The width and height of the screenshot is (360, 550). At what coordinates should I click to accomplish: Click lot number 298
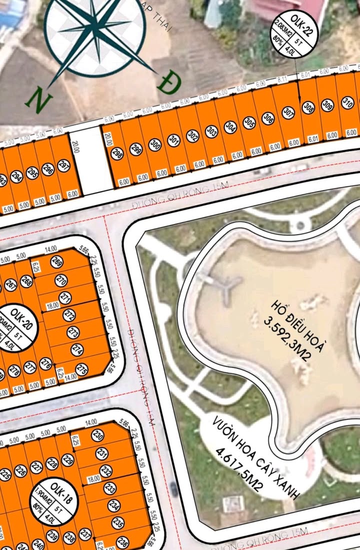[117, 153]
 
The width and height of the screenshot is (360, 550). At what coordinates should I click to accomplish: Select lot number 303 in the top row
[211, 132]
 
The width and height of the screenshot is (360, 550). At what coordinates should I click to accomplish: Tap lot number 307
[287, 113]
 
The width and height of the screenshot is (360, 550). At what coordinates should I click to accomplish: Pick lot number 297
[63, 166]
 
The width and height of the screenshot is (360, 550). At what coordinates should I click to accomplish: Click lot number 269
[57, 262]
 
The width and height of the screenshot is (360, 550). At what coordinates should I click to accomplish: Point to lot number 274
[77, 350]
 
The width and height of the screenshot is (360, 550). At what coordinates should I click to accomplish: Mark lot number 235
[118, 524]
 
